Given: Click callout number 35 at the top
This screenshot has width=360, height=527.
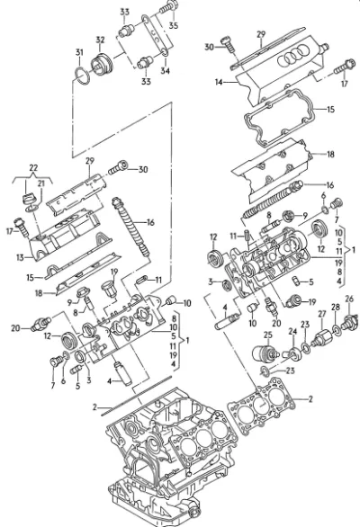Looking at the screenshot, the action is click(x=174, y=25).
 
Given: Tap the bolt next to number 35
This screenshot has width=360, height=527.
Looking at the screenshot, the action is click(x=169, y=7).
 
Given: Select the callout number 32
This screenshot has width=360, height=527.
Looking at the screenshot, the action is click(x=100, y=40).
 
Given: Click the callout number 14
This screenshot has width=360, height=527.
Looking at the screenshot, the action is click(x=219, y=82).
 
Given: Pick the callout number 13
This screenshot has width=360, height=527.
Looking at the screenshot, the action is click(x=20, y=257).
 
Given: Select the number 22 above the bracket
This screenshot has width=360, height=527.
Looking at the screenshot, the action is click(x=33, y=167).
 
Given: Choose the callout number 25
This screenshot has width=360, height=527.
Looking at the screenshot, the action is click(x=268, y=335).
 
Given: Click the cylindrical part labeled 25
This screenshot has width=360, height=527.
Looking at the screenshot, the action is click(x=265, y=353).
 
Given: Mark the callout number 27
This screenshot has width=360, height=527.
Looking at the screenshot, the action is click(x=322, y=314).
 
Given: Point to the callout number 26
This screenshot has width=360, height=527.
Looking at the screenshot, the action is click(x=349, y=298).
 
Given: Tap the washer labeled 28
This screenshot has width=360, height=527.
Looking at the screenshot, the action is click(x=336, y=329).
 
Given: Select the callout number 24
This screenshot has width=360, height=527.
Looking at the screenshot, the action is click(x=292, y=331).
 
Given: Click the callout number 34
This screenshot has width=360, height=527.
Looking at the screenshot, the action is click(x=165, y=71).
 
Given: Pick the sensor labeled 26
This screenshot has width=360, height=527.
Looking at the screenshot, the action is click(x=350, y=321).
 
